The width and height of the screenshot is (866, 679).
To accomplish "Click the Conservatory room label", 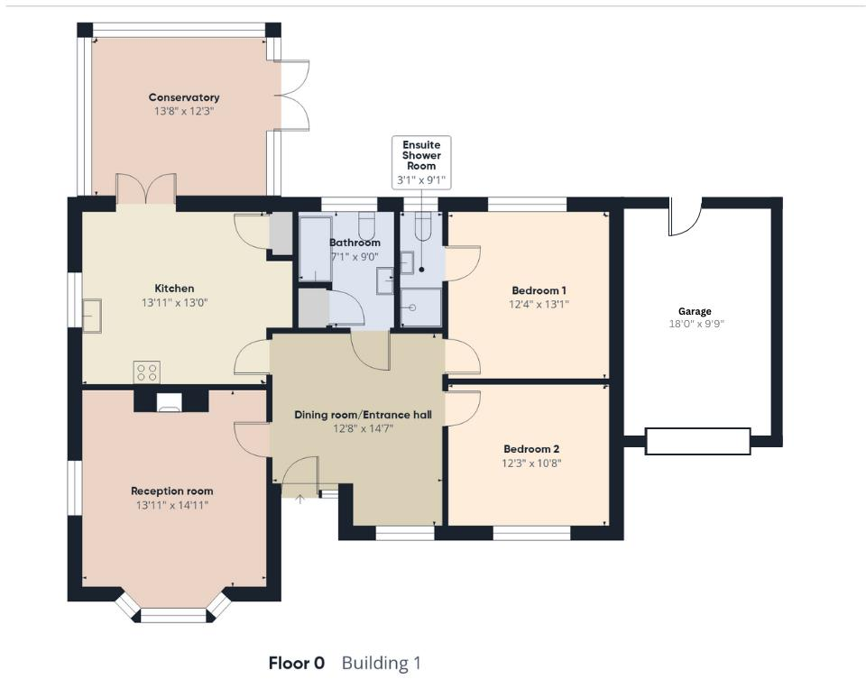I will pyautogui.click(x=184, y=97).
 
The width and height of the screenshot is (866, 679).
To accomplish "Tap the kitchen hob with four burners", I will pyautogui.click(x=147, y=372).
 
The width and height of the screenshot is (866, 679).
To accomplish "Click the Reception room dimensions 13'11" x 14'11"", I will pyautogui.click(x=171, y=505).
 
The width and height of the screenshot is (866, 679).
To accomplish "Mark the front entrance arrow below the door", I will pyautogui.click(x=299, y=499).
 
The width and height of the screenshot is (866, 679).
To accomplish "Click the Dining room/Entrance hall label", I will pyautogui.click(x=363, y=415).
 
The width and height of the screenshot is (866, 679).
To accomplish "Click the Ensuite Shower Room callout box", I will pyautogui.click(x=421, y=161).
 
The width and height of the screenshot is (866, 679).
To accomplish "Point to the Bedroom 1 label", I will pyautogui.click(x=539, y=290).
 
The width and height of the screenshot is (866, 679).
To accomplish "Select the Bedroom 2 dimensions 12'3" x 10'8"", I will pyautogui.click(x=532, y=463).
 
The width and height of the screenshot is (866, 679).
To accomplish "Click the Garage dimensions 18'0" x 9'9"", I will pyautogui.click(x=696, y=324).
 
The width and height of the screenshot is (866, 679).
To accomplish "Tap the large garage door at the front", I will pyautogui.click(x=697, y=441).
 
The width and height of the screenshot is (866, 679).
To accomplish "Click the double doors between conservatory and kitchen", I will pyautogui.click(x=146, y=190).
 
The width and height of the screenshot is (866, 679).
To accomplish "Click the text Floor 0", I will pyautogui.click(x=296, y=664).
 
